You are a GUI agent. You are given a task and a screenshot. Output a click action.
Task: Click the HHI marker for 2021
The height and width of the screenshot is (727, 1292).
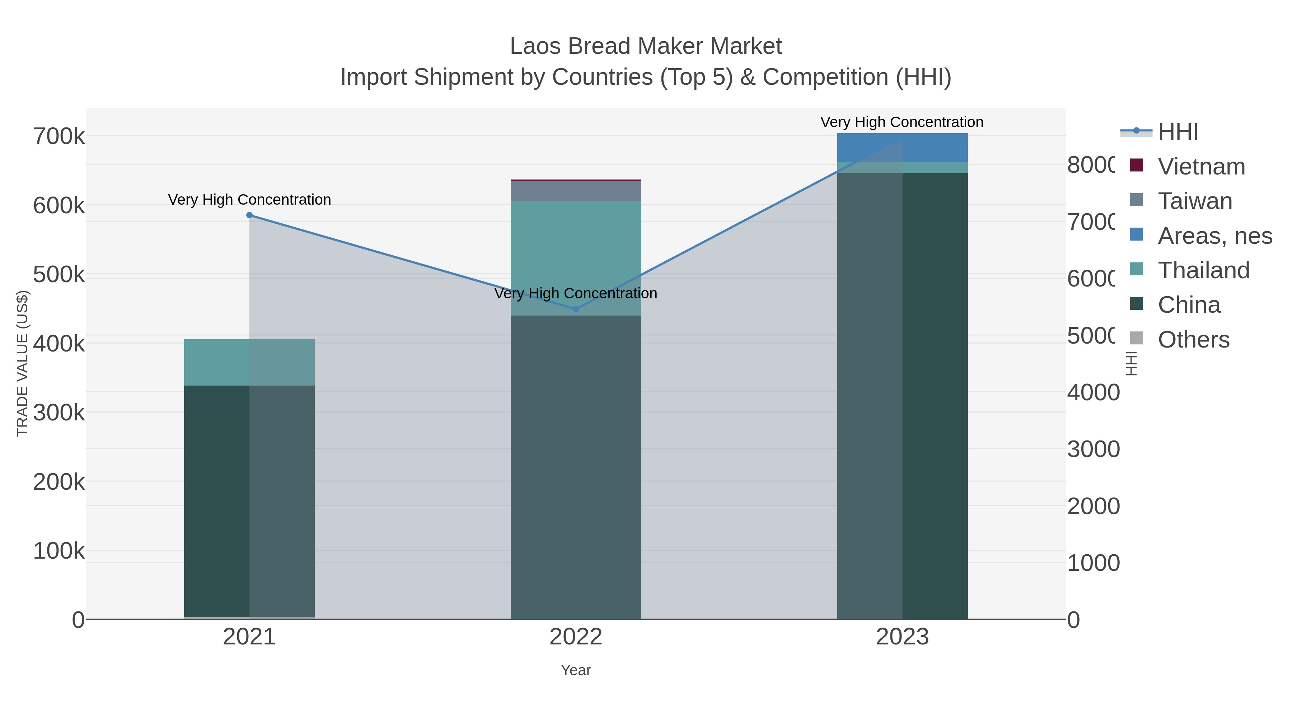249,215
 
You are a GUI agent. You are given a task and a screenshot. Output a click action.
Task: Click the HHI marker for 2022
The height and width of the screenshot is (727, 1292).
576,309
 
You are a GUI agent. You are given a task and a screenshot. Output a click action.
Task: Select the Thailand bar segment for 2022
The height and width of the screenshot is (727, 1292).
576,251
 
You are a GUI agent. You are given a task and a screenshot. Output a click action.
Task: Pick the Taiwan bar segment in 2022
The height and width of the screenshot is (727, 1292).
576,191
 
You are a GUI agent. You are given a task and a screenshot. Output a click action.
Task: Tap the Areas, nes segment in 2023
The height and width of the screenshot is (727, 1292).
902,148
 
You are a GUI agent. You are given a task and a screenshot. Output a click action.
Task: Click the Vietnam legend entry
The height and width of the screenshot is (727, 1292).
1201,167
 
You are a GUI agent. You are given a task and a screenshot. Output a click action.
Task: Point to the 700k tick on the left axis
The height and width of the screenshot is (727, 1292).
59,136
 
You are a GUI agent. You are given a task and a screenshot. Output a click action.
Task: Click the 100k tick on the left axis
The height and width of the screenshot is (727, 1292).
59,551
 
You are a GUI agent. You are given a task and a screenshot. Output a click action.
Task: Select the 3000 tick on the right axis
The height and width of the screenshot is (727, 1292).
1094,449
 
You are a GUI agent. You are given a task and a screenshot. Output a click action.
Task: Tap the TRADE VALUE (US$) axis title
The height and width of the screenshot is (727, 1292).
23,363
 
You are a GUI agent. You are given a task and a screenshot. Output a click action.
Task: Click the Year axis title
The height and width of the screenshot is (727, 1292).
576,670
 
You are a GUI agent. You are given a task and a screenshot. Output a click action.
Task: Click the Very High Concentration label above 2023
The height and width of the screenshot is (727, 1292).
902,122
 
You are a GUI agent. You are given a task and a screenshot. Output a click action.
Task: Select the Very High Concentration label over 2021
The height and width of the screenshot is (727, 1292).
249,200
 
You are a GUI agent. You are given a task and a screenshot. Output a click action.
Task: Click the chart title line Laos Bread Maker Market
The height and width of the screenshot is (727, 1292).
646,47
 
